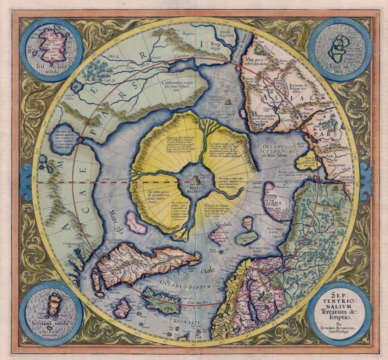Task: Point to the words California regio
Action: point(180,84)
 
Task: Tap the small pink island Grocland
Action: point(136,222)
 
